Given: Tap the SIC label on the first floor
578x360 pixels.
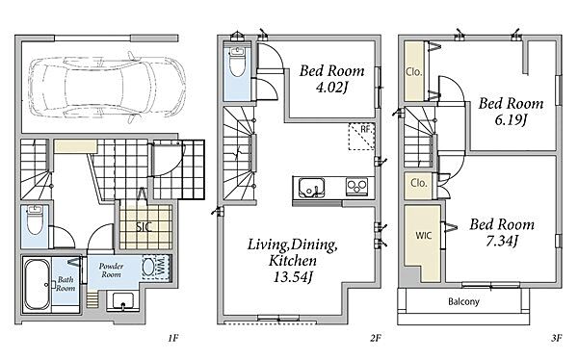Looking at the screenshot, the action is click(144, 226).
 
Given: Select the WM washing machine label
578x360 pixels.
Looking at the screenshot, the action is click(161, 268).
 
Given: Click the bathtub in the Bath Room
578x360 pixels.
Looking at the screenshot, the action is click(37, 285).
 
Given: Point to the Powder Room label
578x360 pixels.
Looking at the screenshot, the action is click(111, 270).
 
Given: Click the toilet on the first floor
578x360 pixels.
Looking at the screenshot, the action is click(35, 220).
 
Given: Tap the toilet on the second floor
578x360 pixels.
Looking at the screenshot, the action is click(237, 62).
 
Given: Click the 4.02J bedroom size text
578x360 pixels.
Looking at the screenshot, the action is click(332, 88).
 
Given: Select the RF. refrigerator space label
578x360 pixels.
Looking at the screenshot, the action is click(366, 129).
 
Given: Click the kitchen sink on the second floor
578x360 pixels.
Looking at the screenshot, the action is click(312, 187).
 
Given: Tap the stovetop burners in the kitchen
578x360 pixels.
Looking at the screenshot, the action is click(356, 187).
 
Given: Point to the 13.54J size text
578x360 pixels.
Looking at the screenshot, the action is click(293, 277).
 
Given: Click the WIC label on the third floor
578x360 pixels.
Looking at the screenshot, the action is click(424, 235).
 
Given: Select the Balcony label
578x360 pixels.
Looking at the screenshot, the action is click(463, 302).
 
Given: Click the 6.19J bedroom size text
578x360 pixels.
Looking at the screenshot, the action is click(511, 120).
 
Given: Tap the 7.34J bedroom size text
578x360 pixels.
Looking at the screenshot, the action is click(502, 241).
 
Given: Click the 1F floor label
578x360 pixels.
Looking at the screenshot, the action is click(173, 338).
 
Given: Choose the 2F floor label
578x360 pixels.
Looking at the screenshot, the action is click(376, 338).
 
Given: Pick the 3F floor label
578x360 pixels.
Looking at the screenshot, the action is click(556, 338).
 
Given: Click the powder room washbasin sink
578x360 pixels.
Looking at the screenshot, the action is click(123, 300).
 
